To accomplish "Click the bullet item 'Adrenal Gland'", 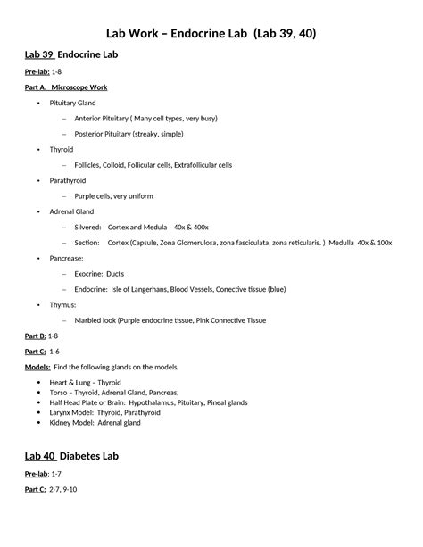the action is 70,211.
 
